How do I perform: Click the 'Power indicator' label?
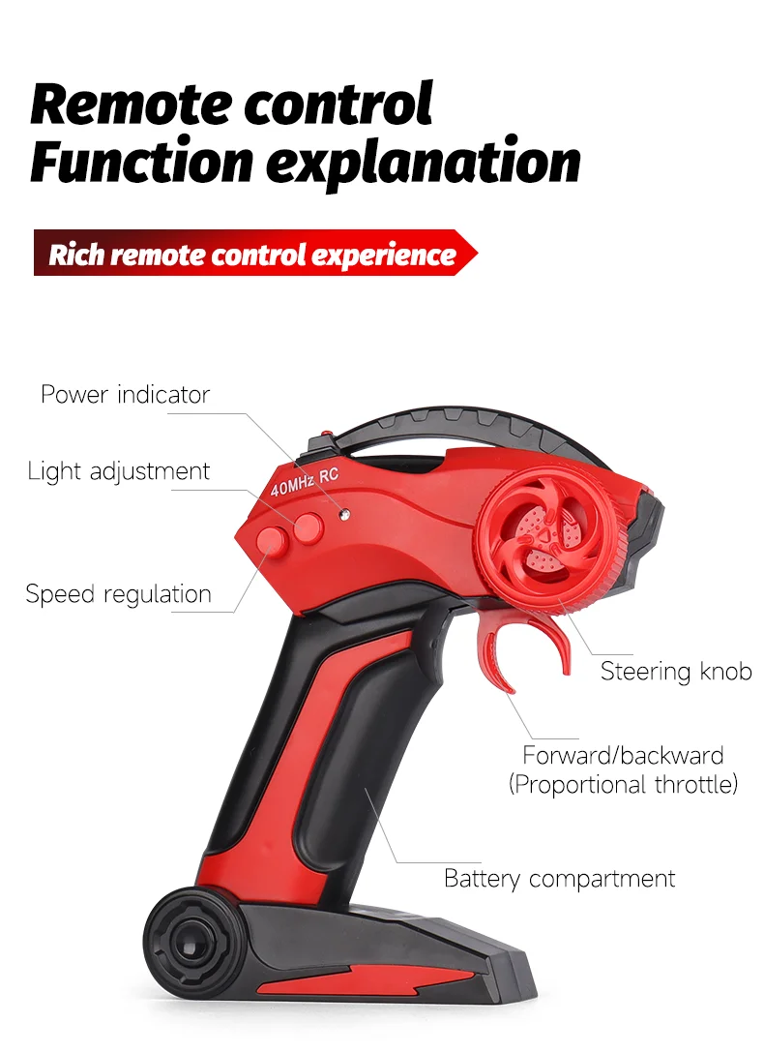(x=125, y=395)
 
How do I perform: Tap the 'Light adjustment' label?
(x=118, y=471)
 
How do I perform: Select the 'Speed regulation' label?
(x=118, y=593)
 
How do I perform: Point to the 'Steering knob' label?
(x=675, y=671)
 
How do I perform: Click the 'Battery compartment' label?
(x=559, y=879)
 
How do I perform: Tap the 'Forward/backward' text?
(x=623, y=755)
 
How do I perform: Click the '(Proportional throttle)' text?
(x=623, y=783)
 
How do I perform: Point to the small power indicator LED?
(x=340, y=511)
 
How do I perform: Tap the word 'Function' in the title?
(x=139, y=163)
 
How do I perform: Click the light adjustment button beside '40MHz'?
(x=308, y=526)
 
